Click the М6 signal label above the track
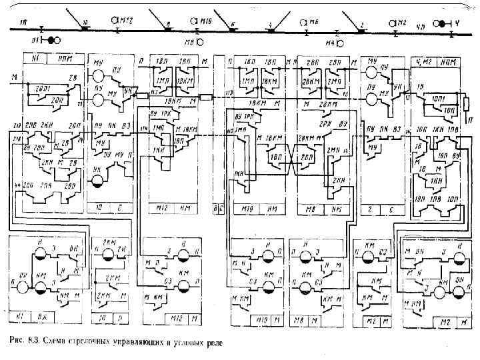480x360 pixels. pos(314,22)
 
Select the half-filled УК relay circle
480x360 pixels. pos(98,180)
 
